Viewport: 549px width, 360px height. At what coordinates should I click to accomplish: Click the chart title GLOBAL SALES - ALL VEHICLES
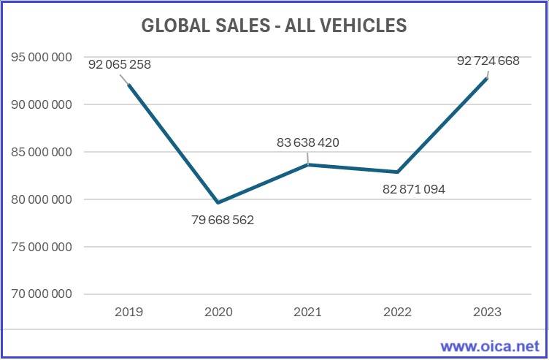coord(274,26)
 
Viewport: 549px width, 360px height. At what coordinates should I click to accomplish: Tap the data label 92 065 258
coord(120,64)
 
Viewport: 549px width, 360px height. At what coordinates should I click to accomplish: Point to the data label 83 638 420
coord(307,142)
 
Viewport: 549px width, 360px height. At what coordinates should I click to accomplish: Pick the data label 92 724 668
coord(488,61)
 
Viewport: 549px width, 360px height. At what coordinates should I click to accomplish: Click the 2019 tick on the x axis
coord(128,312)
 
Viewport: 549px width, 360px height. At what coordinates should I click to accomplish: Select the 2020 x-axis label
coord(218,312)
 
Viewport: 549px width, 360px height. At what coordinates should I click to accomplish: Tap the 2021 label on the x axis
coord(307,312)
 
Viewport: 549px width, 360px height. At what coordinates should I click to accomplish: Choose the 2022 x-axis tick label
coord(397,312)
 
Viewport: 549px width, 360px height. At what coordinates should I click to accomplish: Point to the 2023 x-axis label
coord(487,312)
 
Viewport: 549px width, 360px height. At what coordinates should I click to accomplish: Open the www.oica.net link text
coord(490,345)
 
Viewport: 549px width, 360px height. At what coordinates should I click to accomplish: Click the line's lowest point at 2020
coord(218,202)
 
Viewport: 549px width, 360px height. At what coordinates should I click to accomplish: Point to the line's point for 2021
coord(307,164)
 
